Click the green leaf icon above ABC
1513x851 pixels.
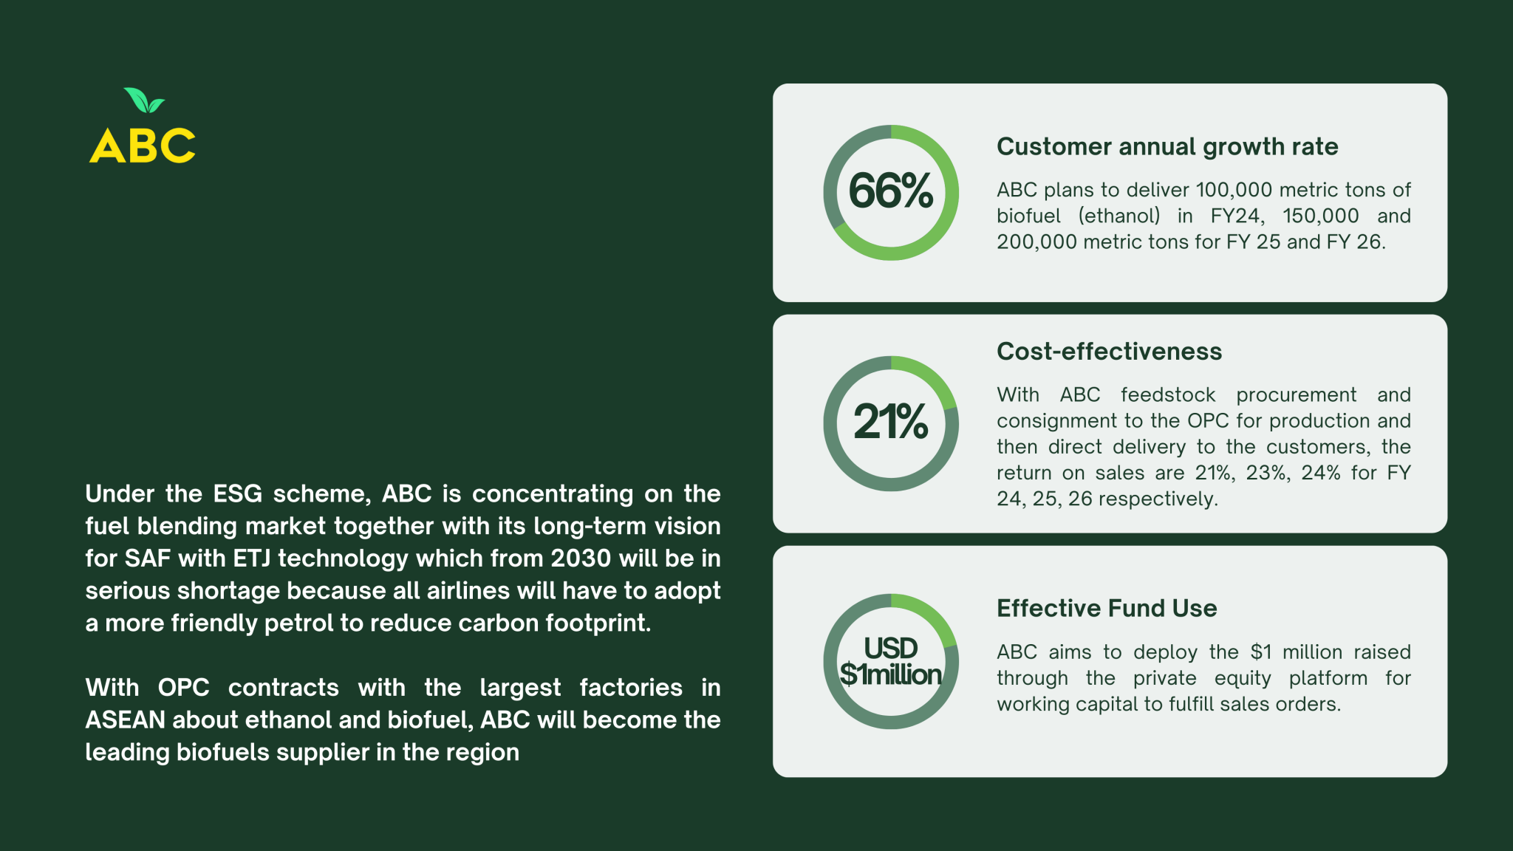[x=145, y=100]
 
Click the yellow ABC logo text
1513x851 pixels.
[x=143, y=146]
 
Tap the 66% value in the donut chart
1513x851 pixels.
[x=891, y=191]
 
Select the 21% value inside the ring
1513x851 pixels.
[x=891, y=422]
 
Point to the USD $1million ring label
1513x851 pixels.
[x=891, y=661]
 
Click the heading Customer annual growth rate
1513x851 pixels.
[x=1167, y=147]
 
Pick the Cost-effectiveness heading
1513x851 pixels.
[x=1109, y=351]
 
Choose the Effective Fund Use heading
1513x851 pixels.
[x=1107, y=608]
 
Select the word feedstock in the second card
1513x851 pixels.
[x=1168, y=395]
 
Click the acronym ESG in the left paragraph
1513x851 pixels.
[x=238, y=494]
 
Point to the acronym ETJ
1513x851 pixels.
[x=253, y=558]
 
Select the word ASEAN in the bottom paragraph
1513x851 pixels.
[x=126, y=720]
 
